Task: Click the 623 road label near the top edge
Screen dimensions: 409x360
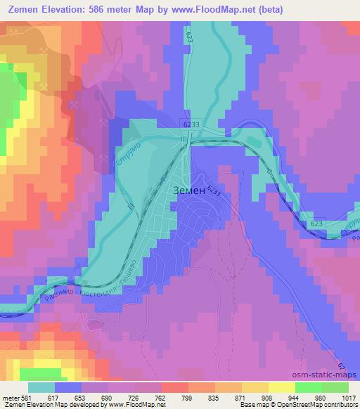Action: [x=190, y=36]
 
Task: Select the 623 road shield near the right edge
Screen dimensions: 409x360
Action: [x=316, y=222]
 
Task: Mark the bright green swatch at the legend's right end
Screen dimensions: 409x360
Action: [x=335, y=387]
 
